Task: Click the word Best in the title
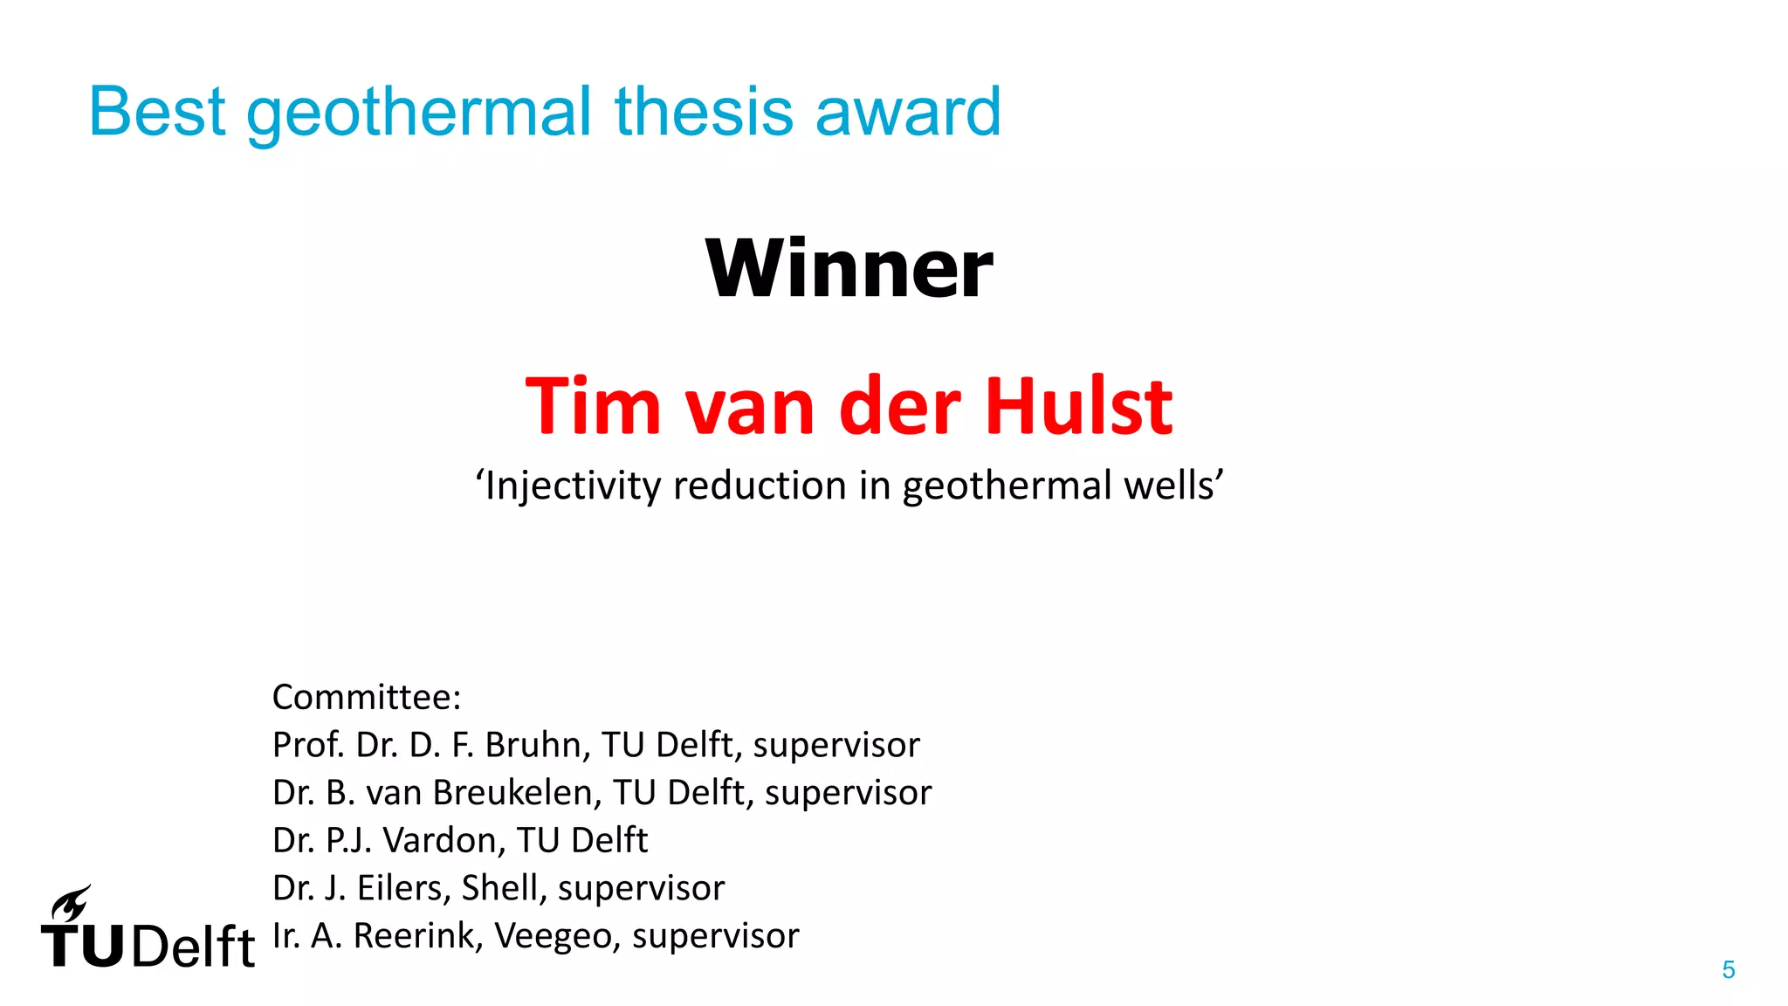(x=157, y=112)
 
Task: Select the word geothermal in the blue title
(x=419, y=114)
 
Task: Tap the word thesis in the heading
(x=705, y=112)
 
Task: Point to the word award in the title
(x=908, y=114)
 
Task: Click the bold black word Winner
(x=849, y=268)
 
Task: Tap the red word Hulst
(x=1079, y=406)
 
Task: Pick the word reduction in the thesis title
(x=760, y=486)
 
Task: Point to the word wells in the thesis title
(x=1173, y=486)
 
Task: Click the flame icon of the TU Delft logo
(x=70, y=903)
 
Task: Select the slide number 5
(x=1728, y=969)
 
